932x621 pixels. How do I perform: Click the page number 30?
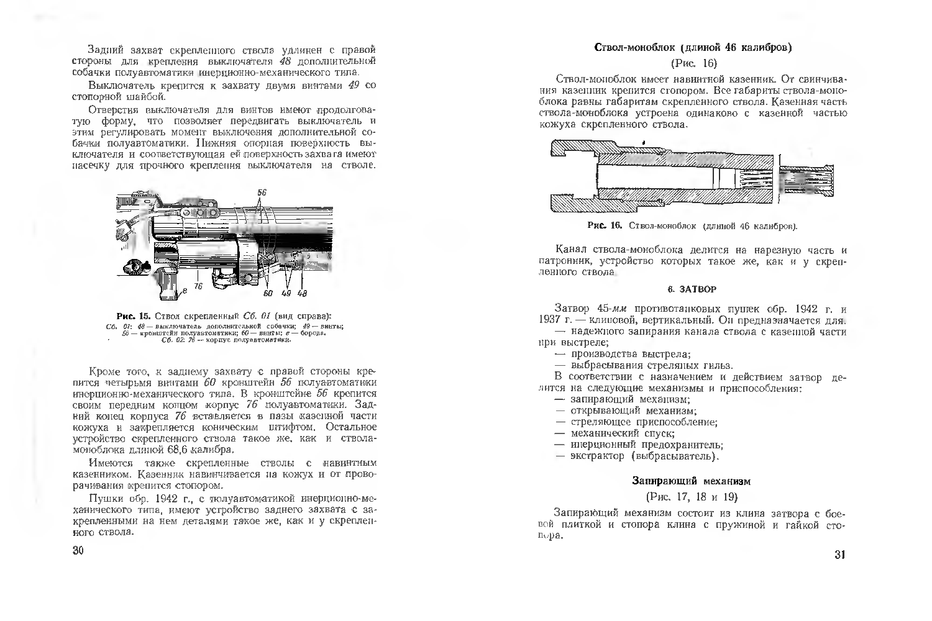click(78, 551)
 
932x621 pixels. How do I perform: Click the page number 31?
click(839, 555)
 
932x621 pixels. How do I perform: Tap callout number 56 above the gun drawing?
click(262, 192)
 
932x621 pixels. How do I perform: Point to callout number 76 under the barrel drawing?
click(198, 286)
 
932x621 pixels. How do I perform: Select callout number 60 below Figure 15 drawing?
click(268, 293)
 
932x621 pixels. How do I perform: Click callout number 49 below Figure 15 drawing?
click(286, 293)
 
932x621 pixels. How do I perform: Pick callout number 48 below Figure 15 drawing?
click(303, 293)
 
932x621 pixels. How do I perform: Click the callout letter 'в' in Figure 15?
click(185, 290)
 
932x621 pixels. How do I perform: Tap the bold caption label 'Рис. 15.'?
click(134, 315)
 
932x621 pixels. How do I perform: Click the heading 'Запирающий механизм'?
click(692, 481)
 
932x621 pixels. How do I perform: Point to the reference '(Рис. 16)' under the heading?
click(694, 63)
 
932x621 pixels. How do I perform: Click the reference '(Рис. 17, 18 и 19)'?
click(692, 497)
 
